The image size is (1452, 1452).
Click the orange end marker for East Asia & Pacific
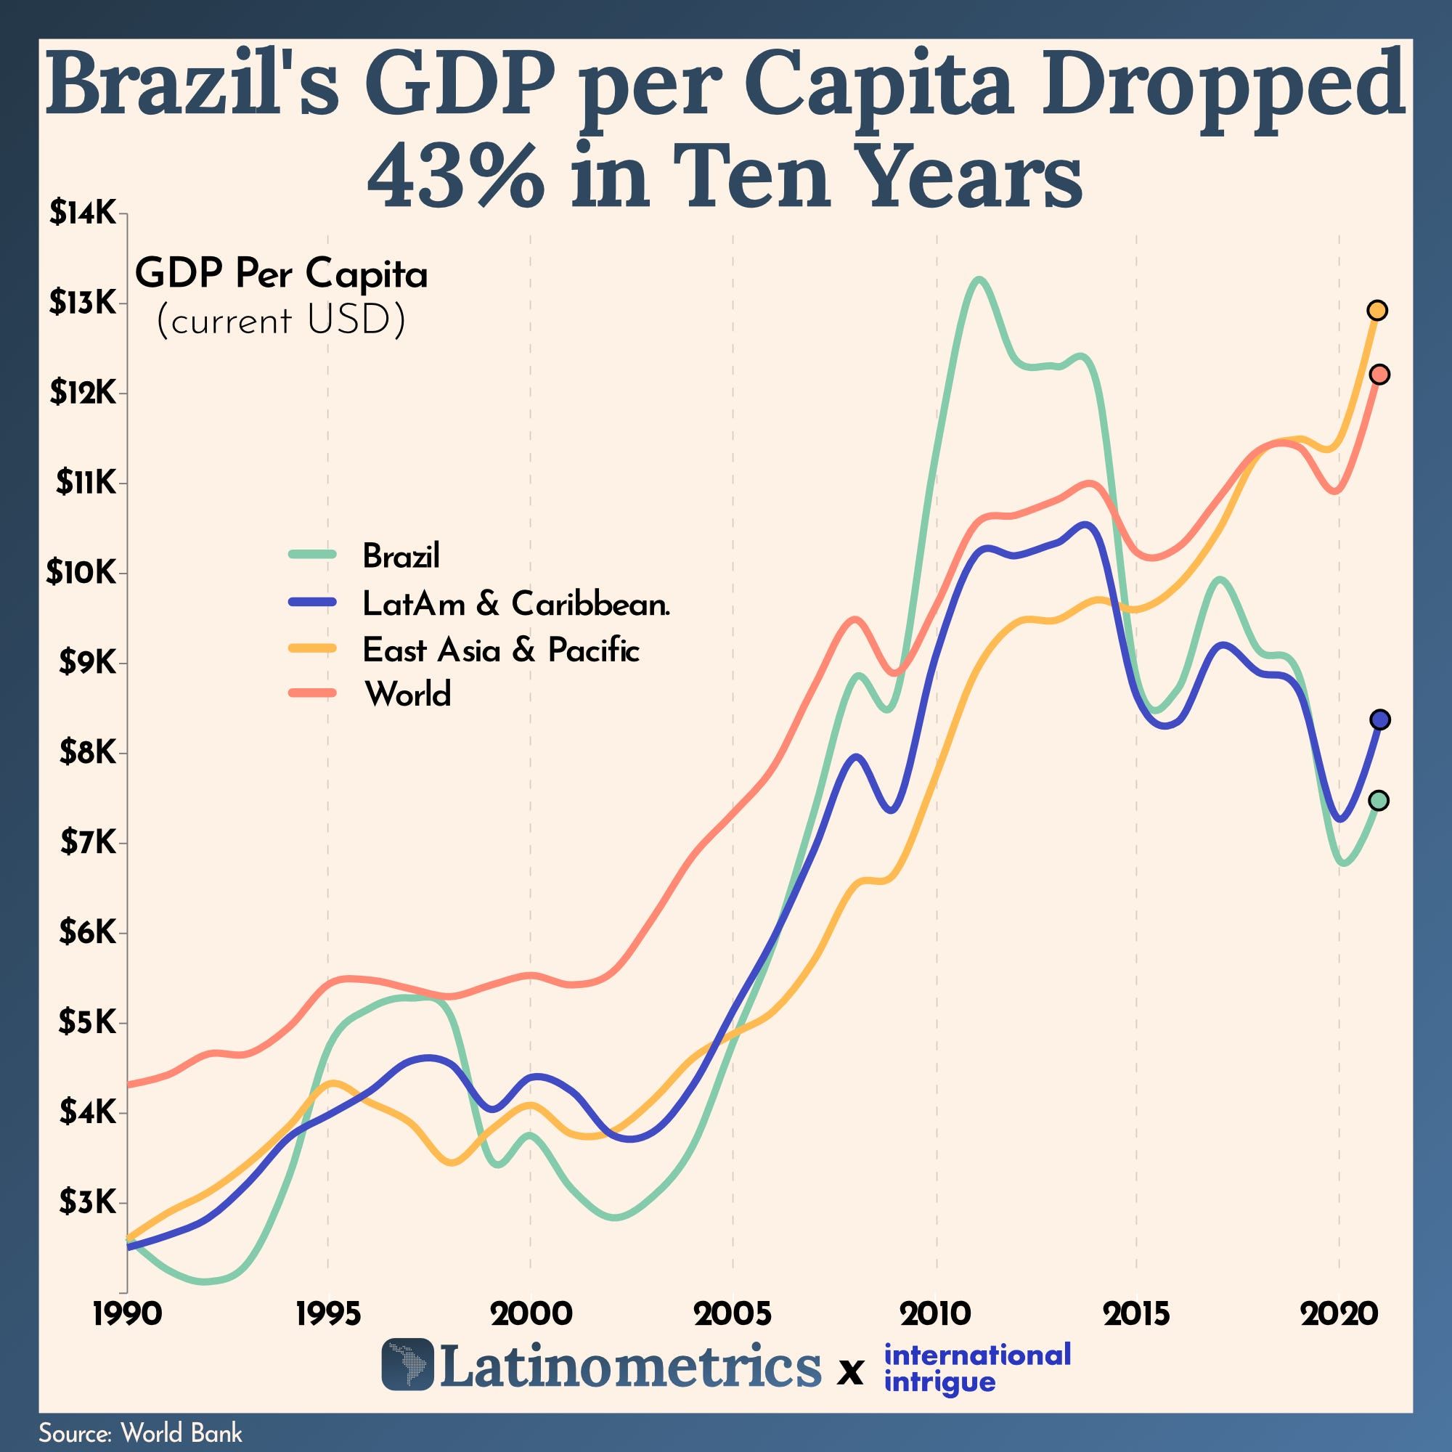[x=1376, y=311]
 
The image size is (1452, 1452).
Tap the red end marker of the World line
[x=1379, y=375]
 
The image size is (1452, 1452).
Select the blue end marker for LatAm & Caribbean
[x=1380, y=719]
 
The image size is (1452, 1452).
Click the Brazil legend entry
[x=400, y=556]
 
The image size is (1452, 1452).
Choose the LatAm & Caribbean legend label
[x=515, y=603]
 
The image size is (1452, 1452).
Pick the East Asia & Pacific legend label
[x=500, y=650]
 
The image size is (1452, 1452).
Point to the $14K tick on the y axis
[x=83, y=214]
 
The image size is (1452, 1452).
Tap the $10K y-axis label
[x=81, y=573]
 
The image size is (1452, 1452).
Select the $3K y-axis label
[x=86, y=1202]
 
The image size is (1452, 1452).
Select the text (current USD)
[x=280, y=322]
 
